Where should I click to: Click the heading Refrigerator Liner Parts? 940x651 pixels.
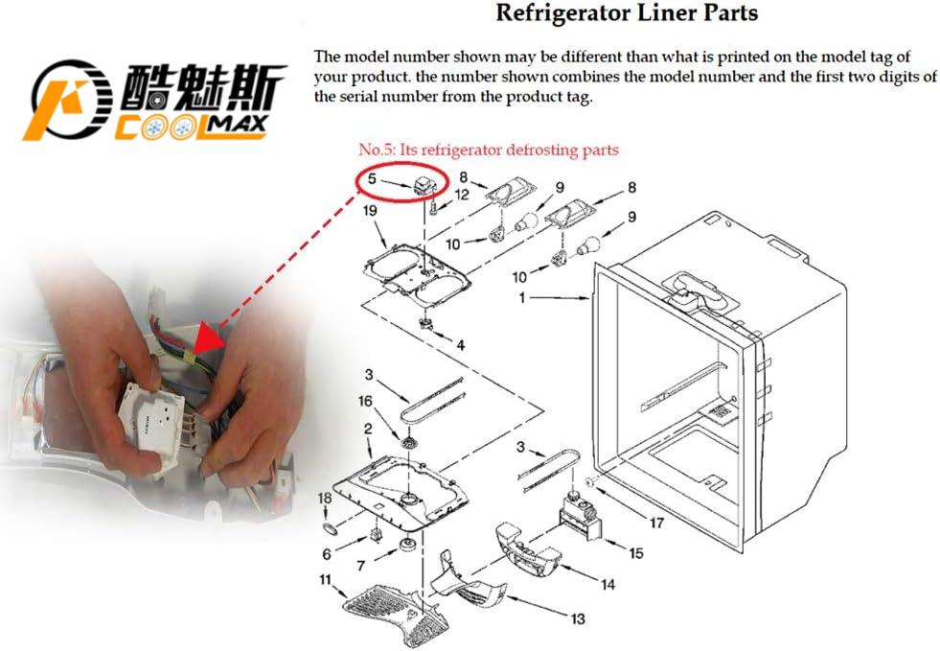tap(626, 13)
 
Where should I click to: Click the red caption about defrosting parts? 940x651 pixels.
tap(488, 150)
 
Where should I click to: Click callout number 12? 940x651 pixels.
tap(462, 195)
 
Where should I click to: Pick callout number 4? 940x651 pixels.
tap(460, 344)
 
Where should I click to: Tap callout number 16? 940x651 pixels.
tap(365, 401)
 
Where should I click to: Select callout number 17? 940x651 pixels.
tap(656, 523)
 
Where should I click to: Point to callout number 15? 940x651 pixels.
tap(636, 553)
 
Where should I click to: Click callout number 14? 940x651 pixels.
tap(608, 584)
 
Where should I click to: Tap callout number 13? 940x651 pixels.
tap(577, 619)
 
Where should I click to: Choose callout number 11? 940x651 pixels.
tap(326, 579)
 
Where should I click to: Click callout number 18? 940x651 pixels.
tap(325, 499)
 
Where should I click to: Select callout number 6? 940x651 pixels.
tap(327, 554)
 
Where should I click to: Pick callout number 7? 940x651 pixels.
tap(361, 566)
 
